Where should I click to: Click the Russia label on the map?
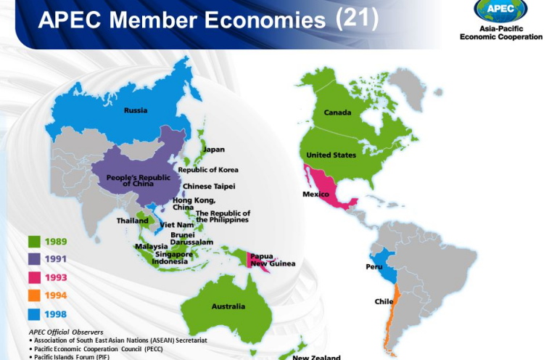136,110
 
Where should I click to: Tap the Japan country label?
213,150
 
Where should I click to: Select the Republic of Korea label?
208,170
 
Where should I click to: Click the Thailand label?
133,221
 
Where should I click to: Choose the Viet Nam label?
178,225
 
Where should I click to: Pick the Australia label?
228,306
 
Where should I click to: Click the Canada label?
337,112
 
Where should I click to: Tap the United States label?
331,155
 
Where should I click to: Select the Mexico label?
315,194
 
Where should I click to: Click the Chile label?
384,301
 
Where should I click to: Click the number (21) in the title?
358,19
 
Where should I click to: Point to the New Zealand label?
315,357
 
